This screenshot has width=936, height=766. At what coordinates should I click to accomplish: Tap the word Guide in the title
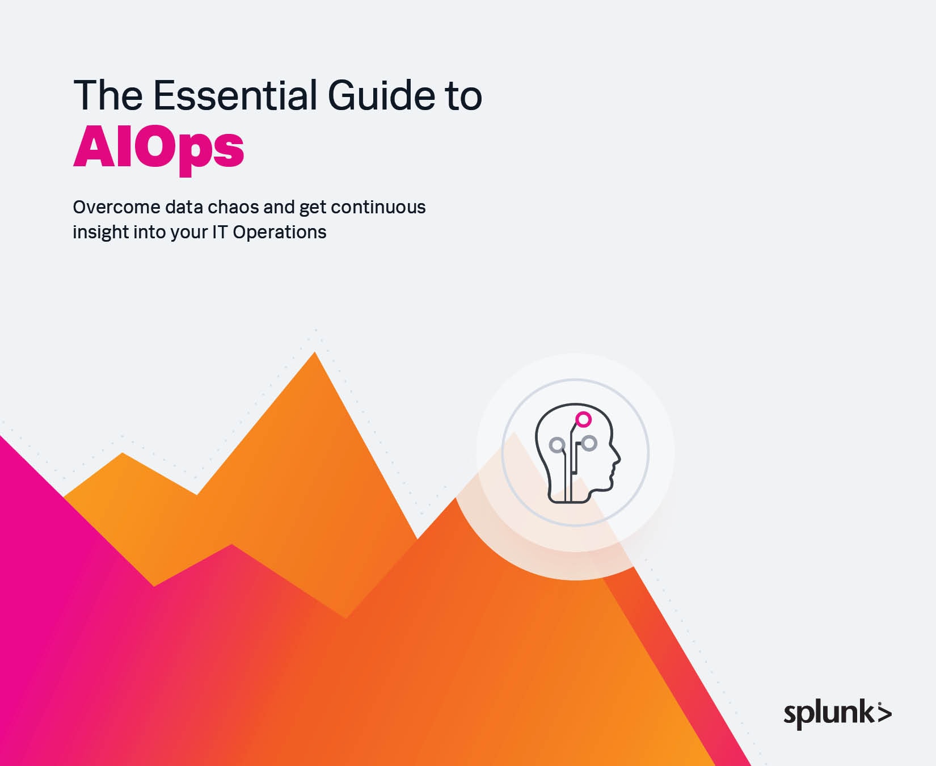381,95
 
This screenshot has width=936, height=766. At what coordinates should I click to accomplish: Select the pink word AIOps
159,148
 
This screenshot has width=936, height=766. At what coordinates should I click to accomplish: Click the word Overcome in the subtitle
116,207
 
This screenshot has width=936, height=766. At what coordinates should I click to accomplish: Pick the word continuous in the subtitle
378,207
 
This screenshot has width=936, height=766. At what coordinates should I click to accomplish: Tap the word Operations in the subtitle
280,233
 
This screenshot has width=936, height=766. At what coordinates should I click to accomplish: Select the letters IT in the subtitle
220,232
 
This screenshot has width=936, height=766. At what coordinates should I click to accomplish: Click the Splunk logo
837,713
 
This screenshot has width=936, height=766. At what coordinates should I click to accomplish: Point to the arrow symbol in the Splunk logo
884,713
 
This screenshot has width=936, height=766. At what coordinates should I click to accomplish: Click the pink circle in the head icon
584,419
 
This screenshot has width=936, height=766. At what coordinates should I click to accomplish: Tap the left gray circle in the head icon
557,444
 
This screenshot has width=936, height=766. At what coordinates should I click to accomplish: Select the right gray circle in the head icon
589,443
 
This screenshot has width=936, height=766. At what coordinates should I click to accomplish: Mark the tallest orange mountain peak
315,352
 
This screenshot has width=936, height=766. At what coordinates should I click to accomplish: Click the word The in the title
108,95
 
